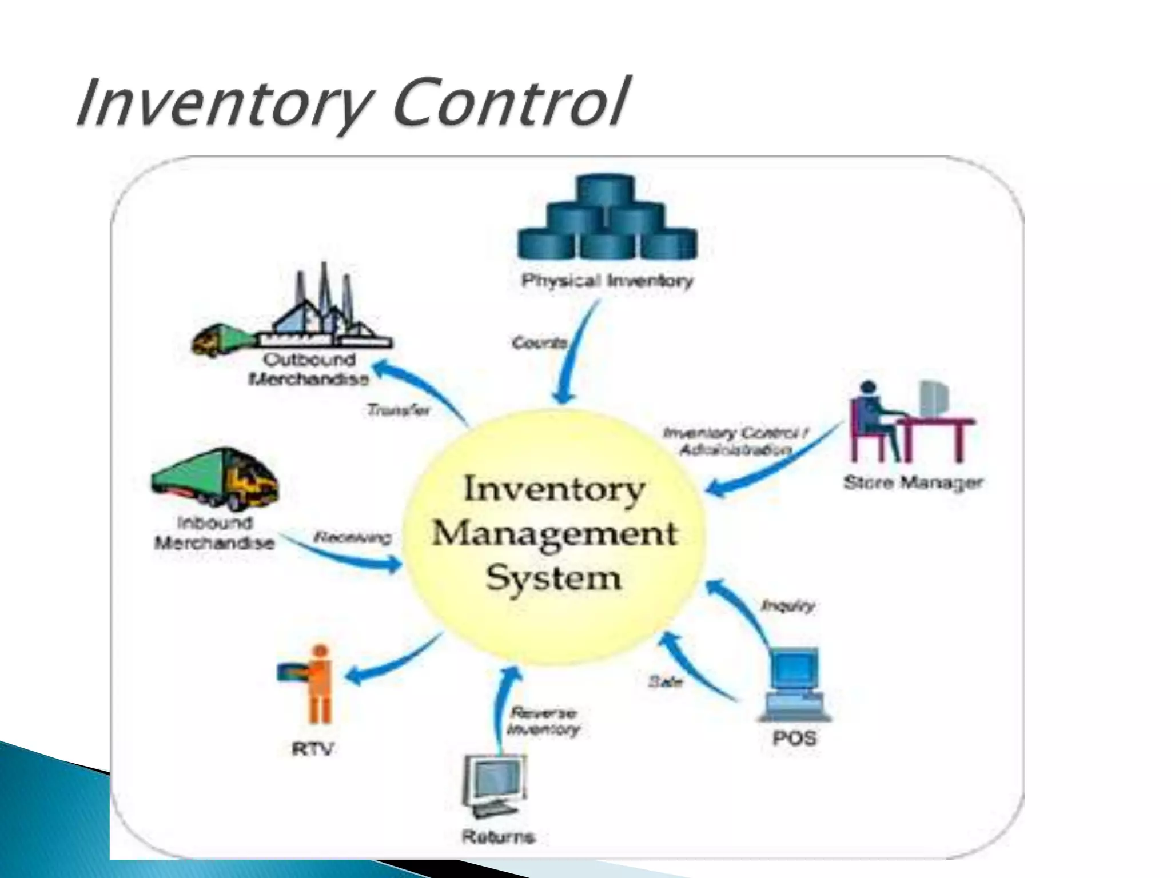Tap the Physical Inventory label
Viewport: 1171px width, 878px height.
point(607,281)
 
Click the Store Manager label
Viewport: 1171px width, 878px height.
point(913,483)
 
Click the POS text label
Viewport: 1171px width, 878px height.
point(794,739)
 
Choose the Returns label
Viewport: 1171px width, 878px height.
point(498,837)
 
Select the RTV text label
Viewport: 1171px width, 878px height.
point(313,749)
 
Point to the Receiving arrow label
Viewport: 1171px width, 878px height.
point(353,538)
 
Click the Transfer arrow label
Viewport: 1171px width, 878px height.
point(398,410)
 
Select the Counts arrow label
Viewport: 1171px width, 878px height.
point(539,343)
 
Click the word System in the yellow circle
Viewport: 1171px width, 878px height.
point(553,578)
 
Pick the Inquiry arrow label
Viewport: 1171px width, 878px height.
point(787,606)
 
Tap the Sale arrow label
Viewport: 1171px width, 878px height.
point(666,681)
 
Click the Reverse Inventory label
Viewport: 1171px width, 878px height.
point(543,721)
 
